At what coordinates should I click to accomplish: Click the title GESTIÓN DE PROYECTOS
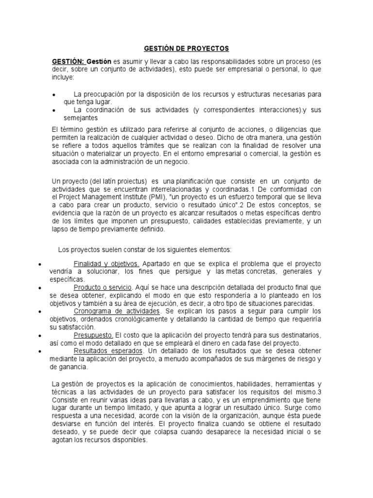point(186,49)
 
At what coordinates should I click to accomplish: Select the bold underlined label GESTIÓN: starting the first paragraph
point(68,62)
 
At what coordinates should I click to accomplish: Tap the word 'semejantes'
point(81,118)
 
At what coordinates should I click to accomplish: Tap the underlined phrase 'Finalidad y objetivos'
point(106,264)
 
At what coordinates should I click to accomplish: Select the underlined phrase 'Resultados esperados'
point(108,351)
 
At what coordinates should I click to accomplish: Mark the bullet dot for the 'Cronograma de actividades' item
point(39,311)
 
